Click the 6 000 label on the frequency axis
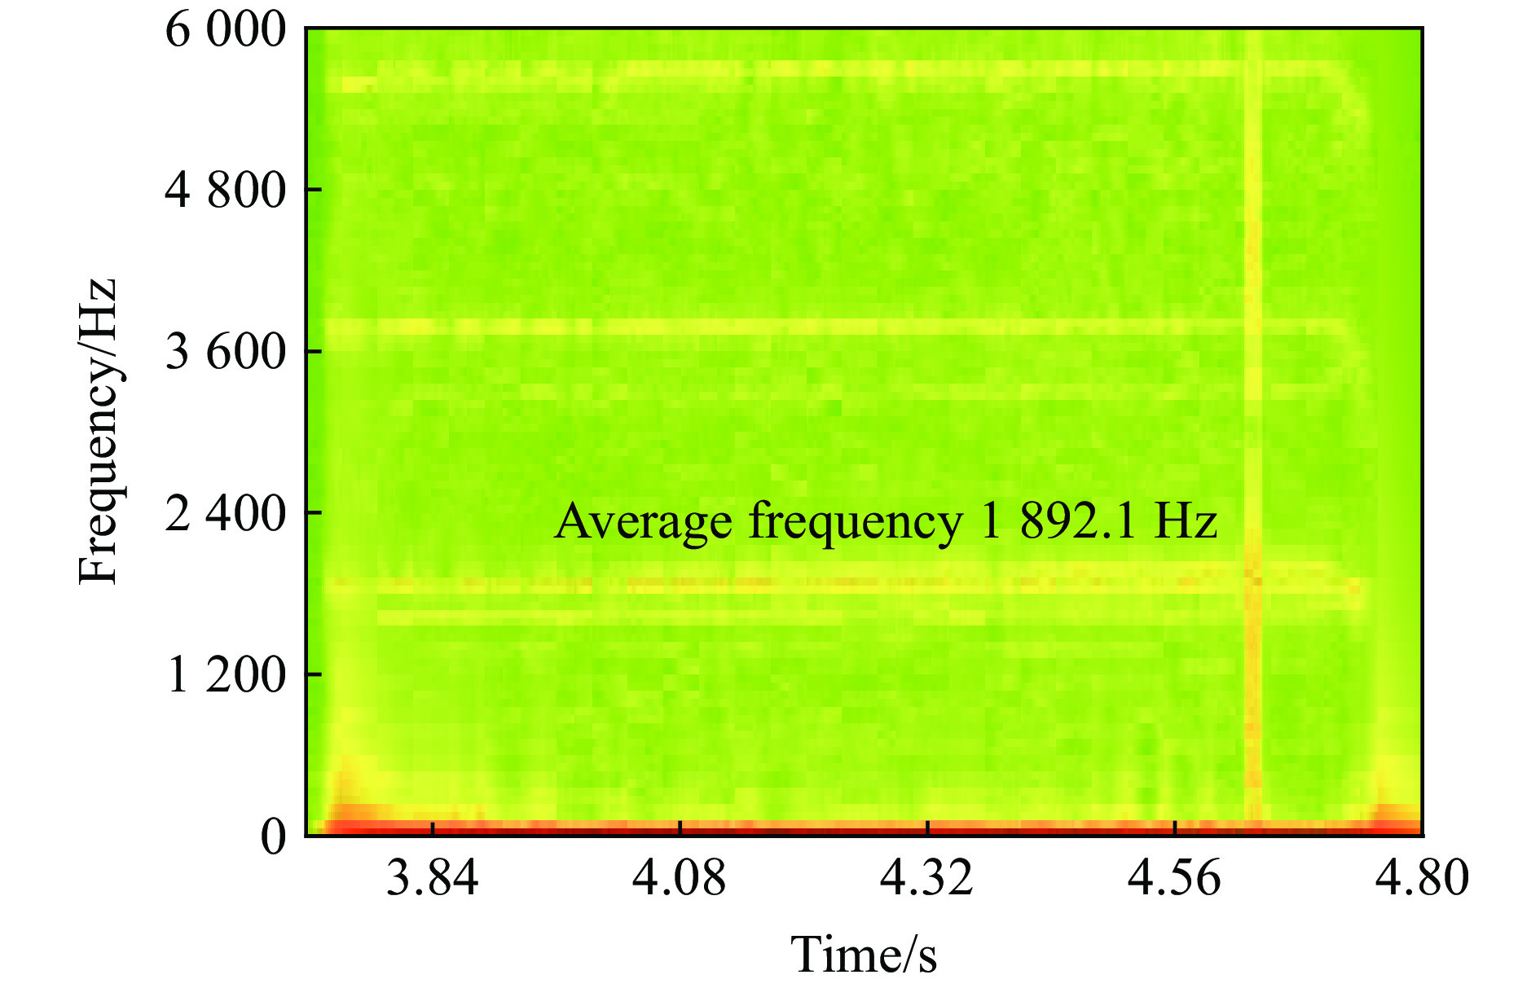pos(226,31)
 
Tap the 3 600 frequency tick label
pos(226,352)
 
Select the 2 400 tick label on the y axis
pos(226,513)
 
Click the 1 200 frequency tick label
pos(226,674)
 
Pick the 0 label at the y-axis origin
pos(274,836)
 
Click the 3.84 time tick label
pos(432,878)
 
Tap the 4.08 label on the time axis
pos(680,878)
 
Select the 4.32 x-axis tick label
pos(927,878)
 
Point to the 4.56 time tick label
pos(1174,878)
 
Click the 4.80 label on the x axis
pos(1422,878)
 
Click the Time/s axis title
pos(864,954)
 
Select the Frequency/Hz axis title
pos(99,432)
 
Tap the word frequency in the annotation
pos(856,522)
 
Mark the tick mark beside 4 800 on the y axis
pos(314,190)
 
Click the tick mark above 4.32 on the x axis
pos(928,828)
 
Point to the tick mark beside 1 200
pos(314,674)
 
